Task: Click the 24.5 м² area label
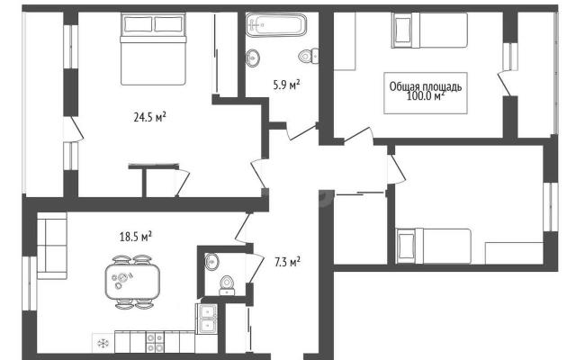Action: (x=150, y=118)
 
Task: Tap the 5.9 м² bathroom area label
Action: (x=286, y=85)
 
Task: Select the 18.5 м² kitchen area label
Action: (x=136, y=237)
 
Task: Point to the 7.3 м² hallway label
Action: (x=287, y=262)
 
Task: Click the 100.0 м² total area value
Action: (x=426, y=96)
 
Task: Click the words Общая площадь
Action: (x=426, y=86)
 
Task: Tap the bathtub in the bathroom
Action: (x=276, y=25)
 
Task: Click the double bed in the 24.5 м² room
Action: (x=153, y=49)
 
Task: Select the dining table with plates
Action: (x=132, y=282)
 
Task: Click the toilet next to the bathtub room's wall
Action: (x=309, y=56)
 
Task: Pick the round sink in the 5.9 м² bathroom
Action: (x=252, y=58)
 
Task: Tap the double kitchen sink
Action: (x=208, y=319)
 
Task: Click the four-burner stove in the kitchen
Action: (x=155, y=342)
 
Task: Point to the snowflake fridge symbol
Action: (x=103, y=344)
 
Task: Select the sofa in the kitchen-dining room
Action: (x=52, y=246)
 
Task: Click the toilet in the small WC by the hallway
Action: (x=227, y=286)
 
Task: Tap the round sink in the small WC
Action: (x=212, y=262)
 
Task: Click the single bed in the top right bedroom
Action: (x=429, y=30)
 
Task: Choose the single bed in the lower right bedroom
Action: (x=434, y=246)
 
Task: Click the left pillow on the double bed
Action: (x=138, y=24)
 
